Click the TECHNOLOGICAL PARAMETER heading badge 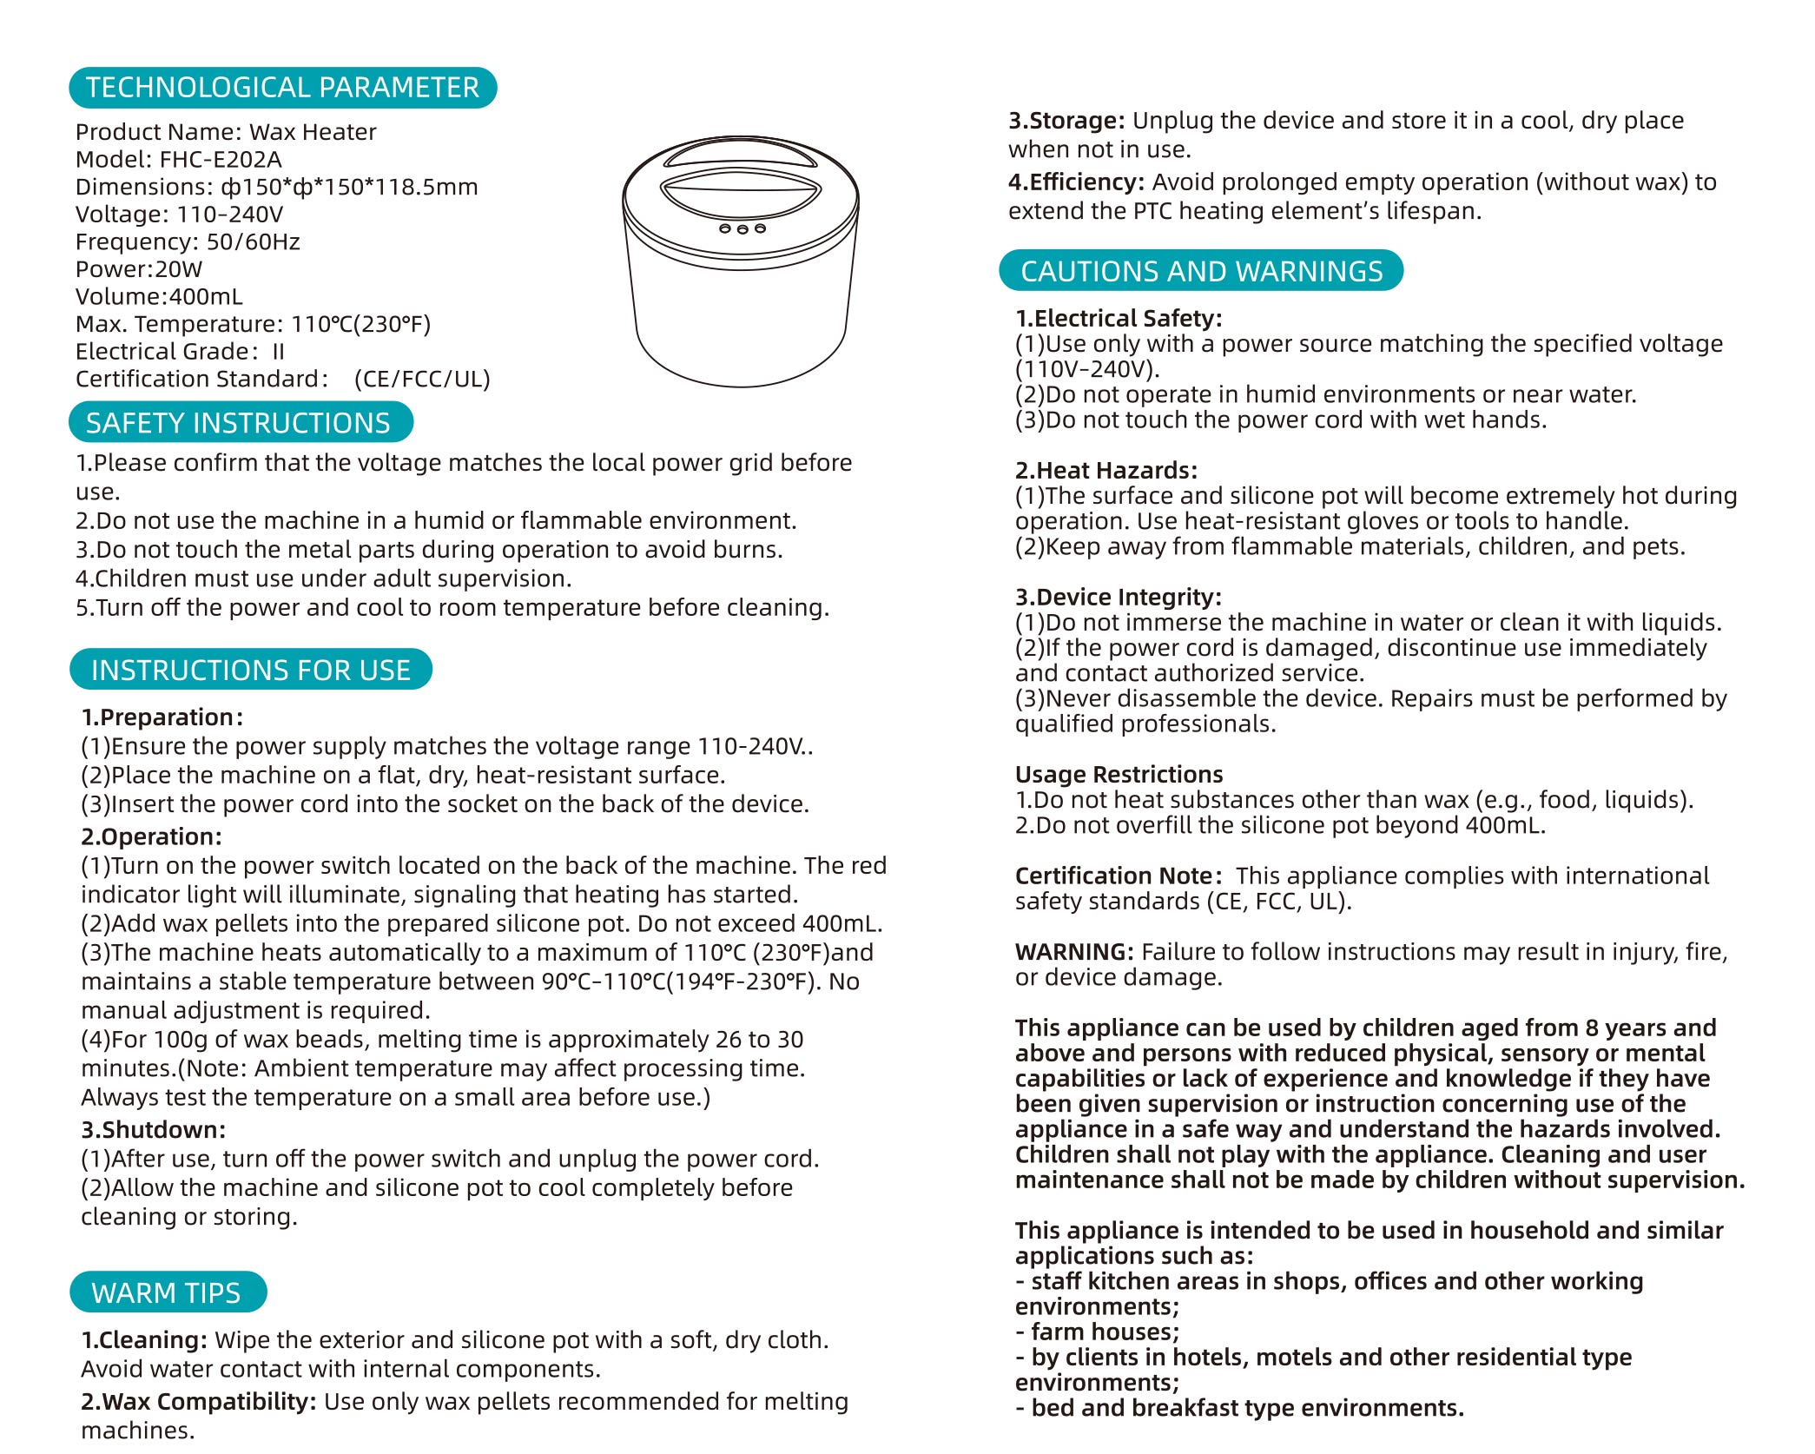click(282, 88)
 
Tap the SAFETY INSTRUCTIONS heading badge click(239, 423)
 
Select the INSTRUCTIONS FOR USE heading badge click(251, 671)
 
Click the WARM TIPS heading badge click(167, 1293)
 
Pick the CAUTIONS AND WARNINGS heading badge click(1201, 272)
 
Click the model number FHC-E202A click(221, 160)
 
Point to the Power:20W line click(139, 269)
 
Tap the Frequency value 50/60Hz click(253, 241)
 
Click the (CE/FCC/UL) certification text click(422, 379)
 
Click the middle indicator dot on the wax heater click(742, 229)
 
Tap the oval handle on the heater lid click(741, 194)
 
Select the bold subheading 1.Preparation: click(162, 717)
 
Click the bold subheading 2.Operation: click(152, 836)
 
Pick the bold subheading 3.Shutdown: click(154, 1130)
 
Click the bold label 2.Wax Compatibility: click(199, 1402)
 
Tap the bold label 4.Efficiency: click(1076, 182)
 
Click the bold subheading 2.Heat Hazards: click(1106, 471)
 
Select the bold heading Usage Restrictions click(1119, 775)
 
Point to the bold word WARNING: click(1074, 952)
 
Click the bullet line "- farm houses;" click(1098, 1332)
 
